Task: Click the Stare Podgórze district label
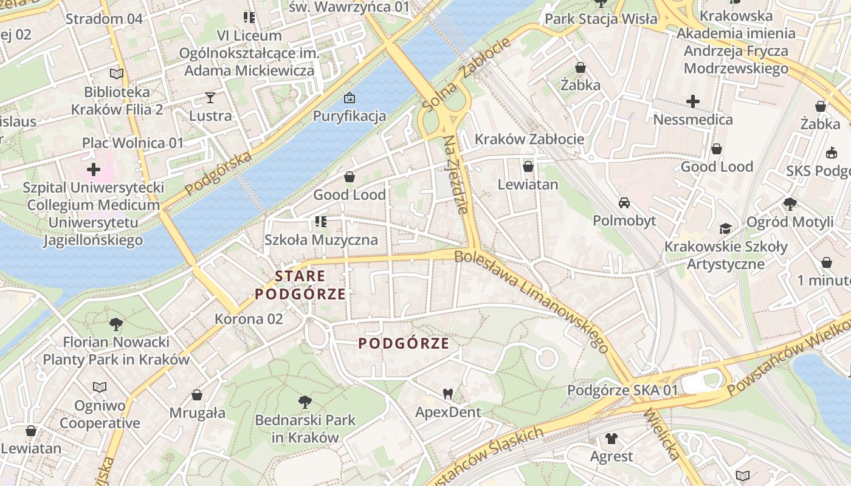(300, 286)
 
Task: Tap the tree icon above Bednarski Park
(305, 402)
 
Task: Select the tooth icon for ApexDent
(448, 394)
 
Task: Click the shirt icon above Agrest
(612, 438)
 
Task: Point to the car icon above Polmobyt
(624, 202)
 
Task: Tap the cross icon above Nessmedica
(692, 101)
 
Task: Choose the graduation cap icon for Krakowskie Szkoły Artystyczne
(725, 228)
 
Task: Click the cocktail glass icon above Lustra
(210, 97)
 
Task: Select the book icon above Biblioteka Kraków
(117, 74)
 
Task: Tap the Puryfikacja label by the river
(350, 116)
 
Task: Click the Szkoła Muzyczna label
(321, 240)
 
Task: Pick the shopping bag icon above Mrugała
(197, 395)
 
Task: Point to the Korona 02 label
(249, 319)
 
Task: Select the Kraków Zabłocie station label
(529, 139)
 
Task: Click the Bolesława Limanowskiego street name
(531, 301)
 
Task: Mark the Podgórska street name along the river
(218, 174)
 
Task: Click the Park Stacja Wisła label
(601, 19)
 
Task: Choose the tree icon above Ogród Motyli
(790, 204)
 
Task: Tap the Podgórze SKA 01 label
(622, 390)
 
